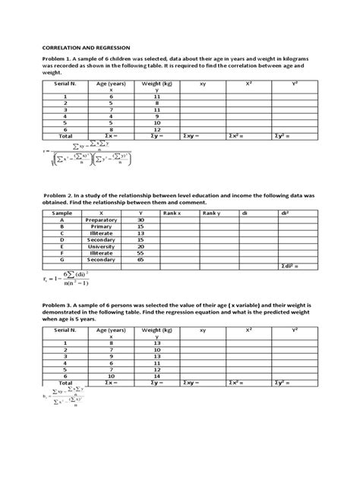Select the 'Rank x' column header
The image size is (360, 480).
pyautogui.click(x=174, y=213)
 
